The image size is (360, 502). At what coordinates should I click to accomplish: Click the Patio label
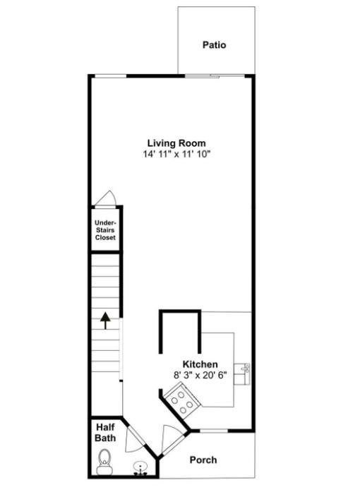click(x=214, y=44)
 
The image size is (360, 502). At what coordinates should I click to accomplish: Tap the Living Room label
click(x=176, y=143)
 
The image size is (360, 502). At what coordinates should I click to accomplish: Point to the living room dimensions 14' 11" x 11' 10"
click(x=176, y=154)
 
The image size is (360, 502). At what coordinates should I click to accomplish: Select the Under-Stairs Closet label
click(x=105, y=230)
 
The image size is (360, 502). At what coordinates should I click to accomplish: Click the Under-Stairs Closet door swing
click(x=105, y=198)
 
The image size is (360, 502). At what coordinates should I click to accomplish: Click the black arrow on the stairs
click(x=105, y=321)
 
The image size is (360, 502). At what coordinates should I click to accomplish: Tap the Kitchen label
click(x=200, y=364)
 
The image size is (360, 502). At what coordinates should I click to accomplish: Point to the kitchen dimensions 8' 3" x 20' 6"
click(x=200, y=375)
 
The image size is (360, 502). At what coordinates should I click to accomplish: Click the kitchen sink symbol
click(x=242, y=374)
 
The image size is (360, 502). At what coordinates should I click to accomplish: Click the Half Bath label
click(x=105, y=433)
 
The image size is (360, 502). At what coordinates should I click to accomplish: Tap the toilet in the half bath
click(x=104, y=462)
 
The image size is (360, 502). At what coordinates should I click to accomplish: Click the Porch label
click(x=203, y=460)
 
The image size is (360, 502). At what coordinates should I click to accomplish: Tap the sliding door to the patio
click(x=215, y=76)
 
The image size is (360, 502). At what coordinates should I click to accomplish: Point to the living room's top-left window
click(x=111, y=76)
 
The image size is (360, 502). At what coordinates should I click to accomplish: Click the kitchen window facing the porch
click(x=214, y=431)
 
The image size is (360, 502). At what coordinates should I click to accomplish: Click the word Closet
click(x=105, y=238)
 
